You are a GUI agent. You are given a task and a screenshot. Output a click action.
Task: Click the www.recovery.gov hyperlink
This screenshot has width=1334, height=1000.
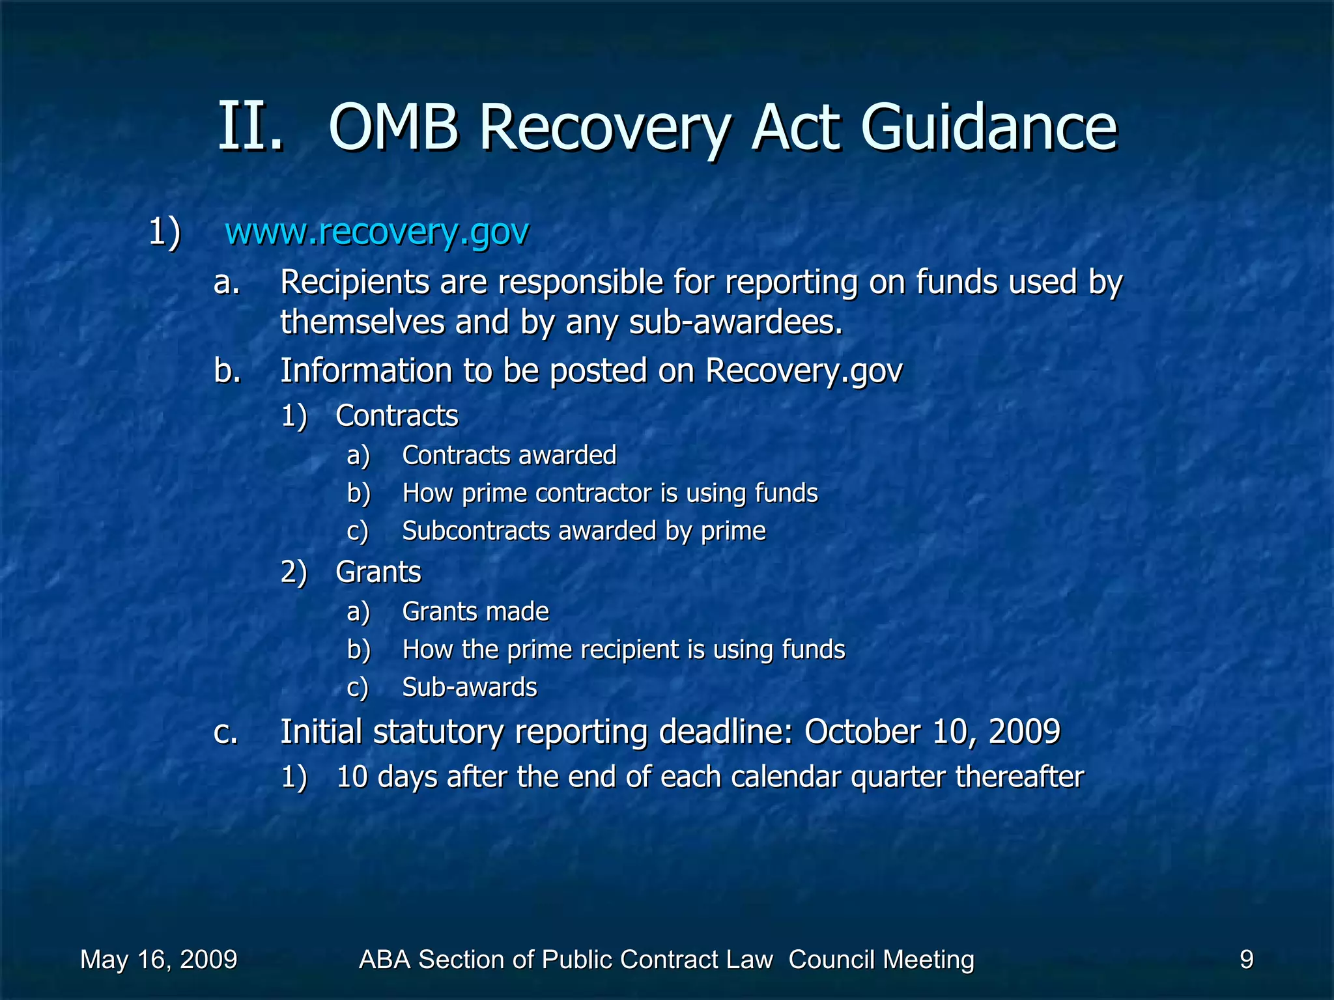pos(376,232)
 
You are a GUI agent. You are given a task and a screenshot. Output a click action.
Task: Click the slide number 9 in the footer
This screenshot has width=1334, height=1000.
pos(1246,960)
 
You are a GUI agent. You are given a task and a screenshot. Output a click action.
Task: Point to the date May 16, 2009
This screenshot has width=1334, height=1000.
pos(158,960)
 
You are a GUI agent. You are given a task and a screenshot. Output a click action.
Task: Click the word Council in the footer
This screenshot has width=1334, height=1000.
pos(825,960)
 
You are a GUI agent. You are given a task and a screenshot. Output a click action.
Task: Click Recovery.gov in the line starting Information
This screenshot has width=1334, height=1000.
pos(804,371)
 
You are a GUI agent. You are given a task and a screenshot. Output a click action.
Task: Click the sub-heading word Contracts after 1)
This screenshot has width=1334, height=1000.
pos(397,416)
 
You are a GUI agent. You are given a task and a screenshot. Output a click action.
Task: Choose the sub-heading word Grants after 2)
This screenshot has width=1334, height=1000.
pos(378,572)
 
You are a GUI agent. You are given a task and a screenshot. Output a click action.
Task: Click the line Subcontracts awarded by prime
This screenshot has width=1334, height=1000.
pos(584,531)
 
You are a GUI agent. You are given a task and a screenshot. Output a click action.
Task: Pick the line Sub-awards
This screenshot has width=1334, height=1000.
pos(470,687)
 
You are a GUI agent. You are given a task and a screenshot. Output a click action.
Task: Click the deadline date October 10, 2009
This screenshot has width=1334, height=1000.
pos(932,732)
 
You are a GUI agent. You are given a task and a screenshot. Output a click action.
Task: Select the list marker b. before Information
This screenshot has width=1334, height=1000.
pos(227,371)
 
